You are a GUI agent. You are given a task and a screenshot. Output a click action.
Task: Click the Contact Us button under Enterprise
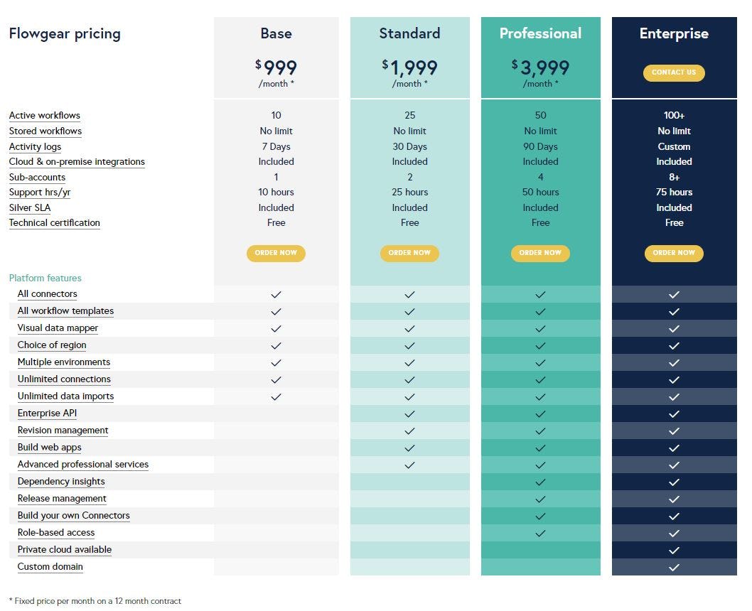coord(674,72)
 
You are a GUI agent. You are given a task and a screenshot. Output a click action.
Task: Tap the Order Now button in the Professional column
coord(540,253)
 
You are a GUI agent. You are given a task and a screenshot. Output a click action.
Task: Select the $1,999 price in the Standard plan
coord(410,67)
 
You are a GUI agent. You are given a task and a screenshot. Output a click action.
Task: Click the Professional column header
coord(540,33)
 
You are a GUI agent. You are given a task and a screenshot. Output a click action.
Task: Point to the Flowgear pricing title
coord(65,33)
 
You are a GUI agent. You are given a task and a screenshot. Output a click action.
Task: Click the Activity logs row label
coord(35,146)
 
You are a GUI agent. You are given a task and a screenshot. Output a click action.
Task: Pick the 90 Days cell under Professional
coord(540,146)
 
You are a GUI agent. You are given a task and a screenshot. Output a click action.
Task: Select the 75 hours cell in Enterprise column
coord(674,192)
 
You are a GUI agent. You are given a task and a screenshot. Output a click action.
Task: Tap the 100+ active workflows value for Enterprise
coord(674,115)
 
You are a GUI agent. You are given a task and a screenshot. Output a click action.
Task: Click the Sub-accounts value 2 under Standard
coord(410,177)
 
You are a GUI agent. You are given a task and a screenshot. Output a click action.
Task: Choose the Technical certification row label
coord(54,222)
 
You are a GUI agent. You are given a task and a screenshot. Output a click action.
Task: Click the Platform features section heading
coord(45,278)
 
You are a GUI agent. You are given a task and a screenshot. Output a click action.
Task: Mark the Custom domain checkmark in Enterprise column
coord(674,567)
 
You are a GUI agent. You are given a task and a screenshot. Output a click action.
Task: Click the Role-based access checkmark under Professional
coord(540,533)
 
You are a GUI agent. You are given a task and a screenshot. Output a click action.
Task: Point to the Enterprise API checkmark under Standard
coord(410,413)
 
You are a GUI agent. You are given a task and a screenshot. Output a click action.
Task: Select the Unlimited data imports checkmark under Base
coord(276,396)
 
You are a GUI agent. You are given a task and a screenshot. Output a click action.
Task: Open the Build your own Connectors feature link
coord(73,515)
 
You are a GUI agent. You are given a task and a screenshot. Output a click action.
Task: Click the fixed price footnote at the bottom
coord(95,601)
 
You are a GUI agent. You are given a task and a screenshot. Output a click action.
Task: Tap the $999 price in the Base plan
coord(276,67)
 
